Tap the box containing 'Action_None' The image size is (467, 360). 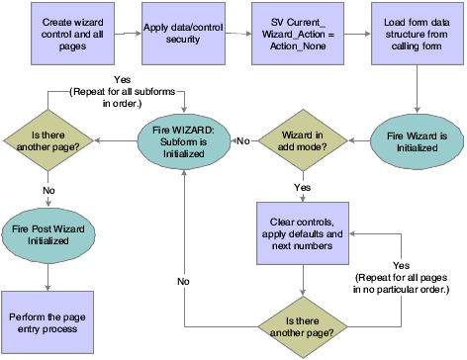(x=294, y=33)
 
